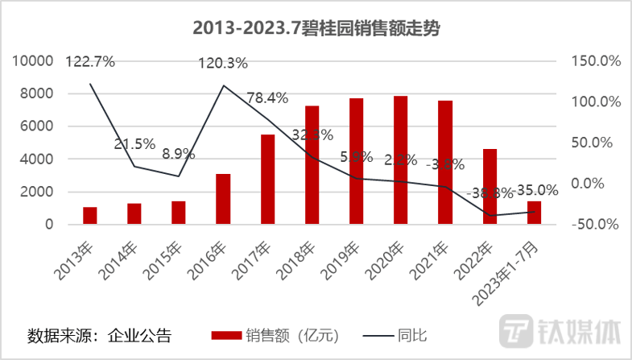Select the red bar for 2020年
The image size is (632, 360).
pyautogui.click(x=400, y=160)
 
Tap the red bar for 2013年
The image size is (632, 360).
pyautogui.click(x=89, y=216)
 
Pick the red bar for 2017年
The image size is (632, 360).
pyautogui.click(x=267, y=180)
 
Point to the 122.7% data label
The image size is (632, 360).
pyautogui.click(x=90, y=60)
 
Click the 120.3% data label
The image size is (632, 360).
pyautogui.click(x=223, y=63)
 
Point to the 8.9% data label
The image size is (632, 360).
pyautogui.click(x=178, y=153)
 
